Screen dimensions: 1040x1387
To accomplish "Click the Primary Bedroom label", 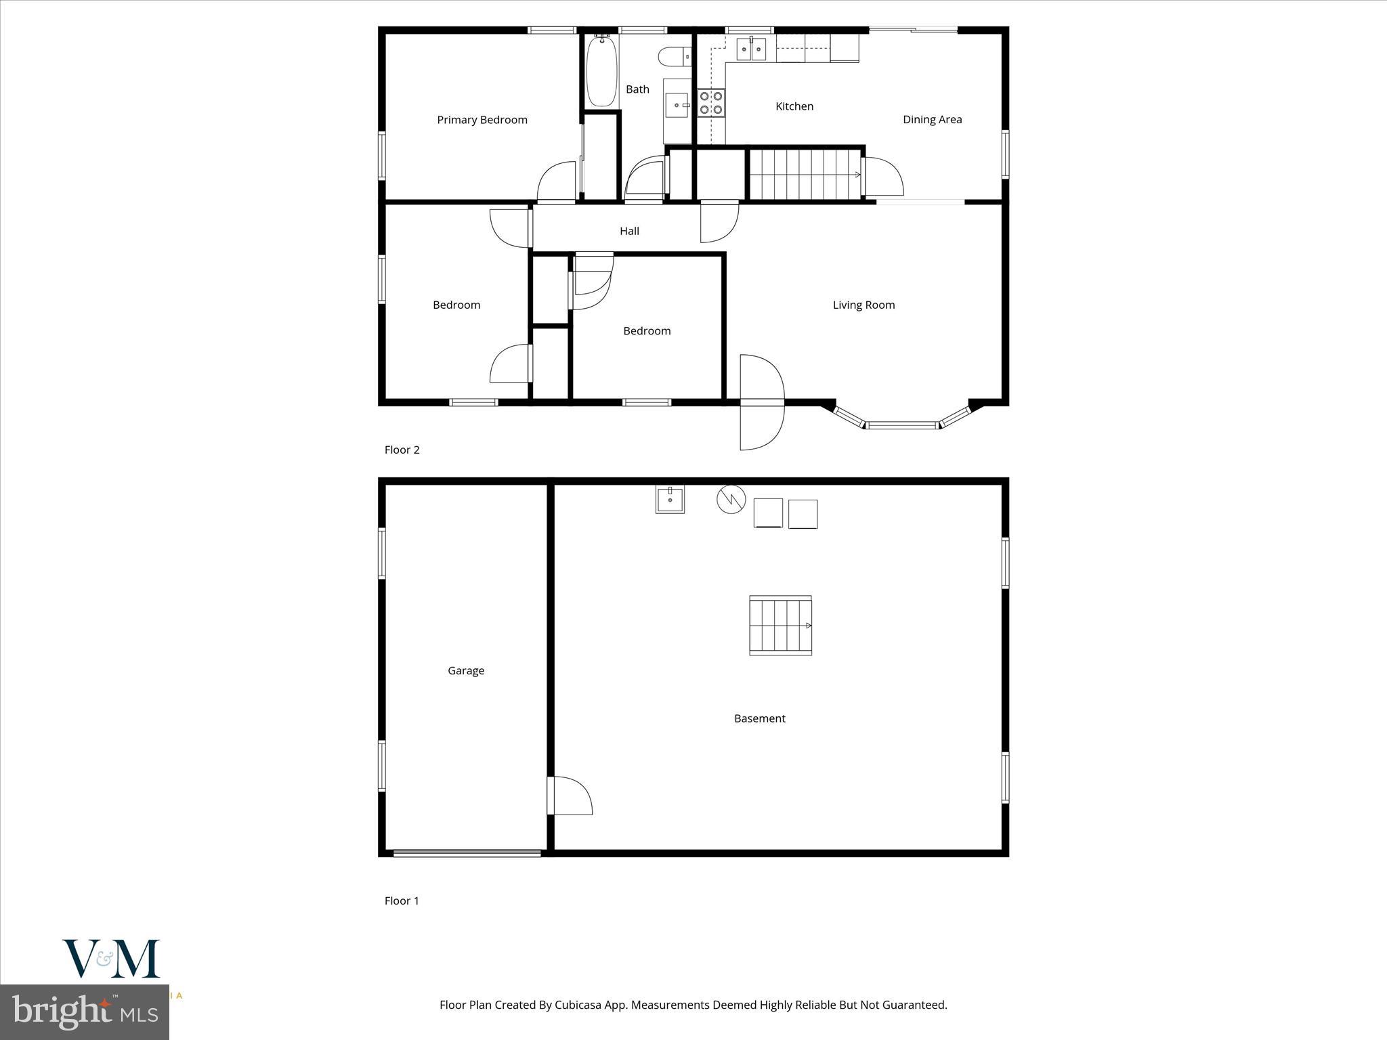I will pyautogui.click(x=482, y=120).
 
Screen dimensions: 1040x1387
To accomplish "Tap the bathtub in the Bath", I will pyautogui.click(x=601, y=71).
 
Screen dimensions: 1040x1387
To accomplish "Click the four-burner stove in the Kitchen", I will pyautogui.click(x=711, y=103).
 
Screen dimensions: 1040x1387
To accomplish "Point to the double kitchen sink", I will pyautogui.click(x=751, y=49).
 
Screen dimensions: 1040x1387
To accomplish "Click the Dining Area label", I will pyautogui.click(x=932, y=120).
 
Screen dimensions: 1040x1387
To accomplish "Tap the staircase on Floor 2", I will pyautogui.click(x=805, y=175).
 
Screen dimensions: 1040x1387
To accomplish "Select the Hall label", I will pyautogui.click(x=629, y=231).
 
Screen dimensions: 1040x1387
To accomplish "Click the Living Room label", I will pyautogui.click(x=863, y=305).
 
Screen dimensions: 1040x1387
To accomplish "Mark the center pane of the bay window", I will pyautogui.click(x=901, y=425).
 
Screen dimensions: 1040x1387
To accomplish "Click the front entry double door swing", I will pyautogui.click(x=763, y=402).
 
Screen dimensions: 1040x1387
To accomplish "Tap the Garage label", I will pyautogui.click(x=466, y=670).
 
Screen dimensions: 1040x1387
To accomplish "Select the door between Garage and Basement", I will pyautogui.click(x=569, y=796).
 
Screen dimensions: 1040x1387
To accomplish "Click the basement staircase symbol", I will pyautogui.click(x=780, y=626).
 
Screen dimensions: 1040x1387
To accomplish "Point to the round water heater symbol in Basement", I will pyautogui.click(x=731, y=499).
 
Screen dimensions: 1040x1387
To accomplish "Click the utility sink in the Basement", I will pyautogui.click(x=670, y=500).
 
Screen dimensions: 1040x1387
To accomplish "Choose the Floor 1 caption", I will pyautogui.click(x=402, y=901).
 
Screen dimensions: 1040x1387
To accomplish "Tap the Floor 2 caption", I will pyautogui.click(x=402, y=450).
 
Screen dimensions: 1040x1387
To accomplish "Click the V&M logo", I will pyautogui.click(x=111, y=959).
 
